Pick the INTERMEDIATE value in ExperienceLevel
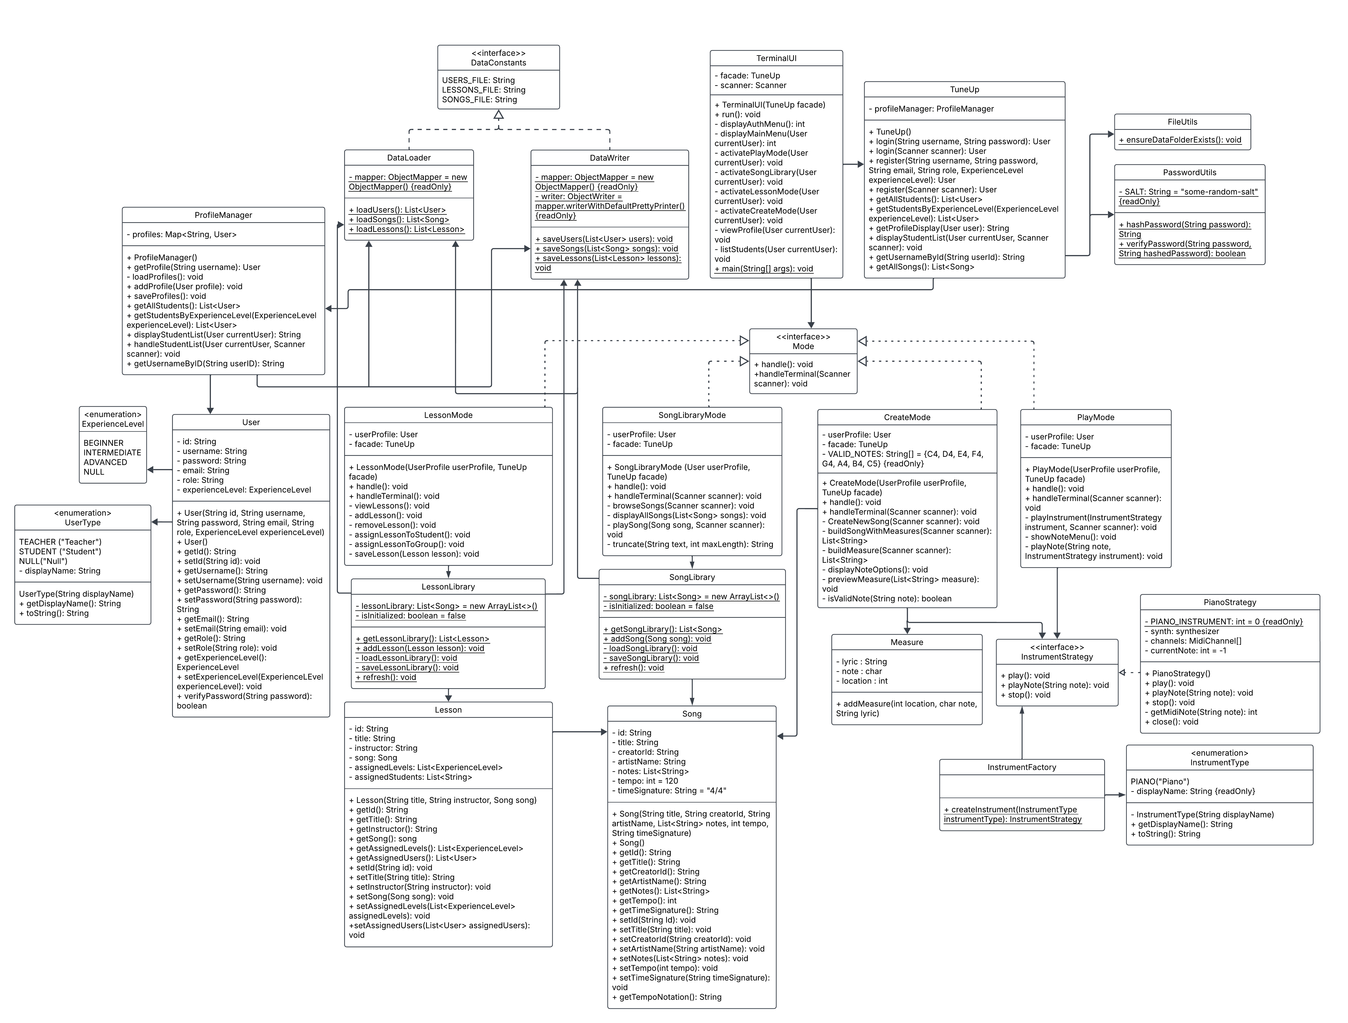coord(112,453)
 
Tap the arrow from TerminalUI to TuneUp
coord(853,164)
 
